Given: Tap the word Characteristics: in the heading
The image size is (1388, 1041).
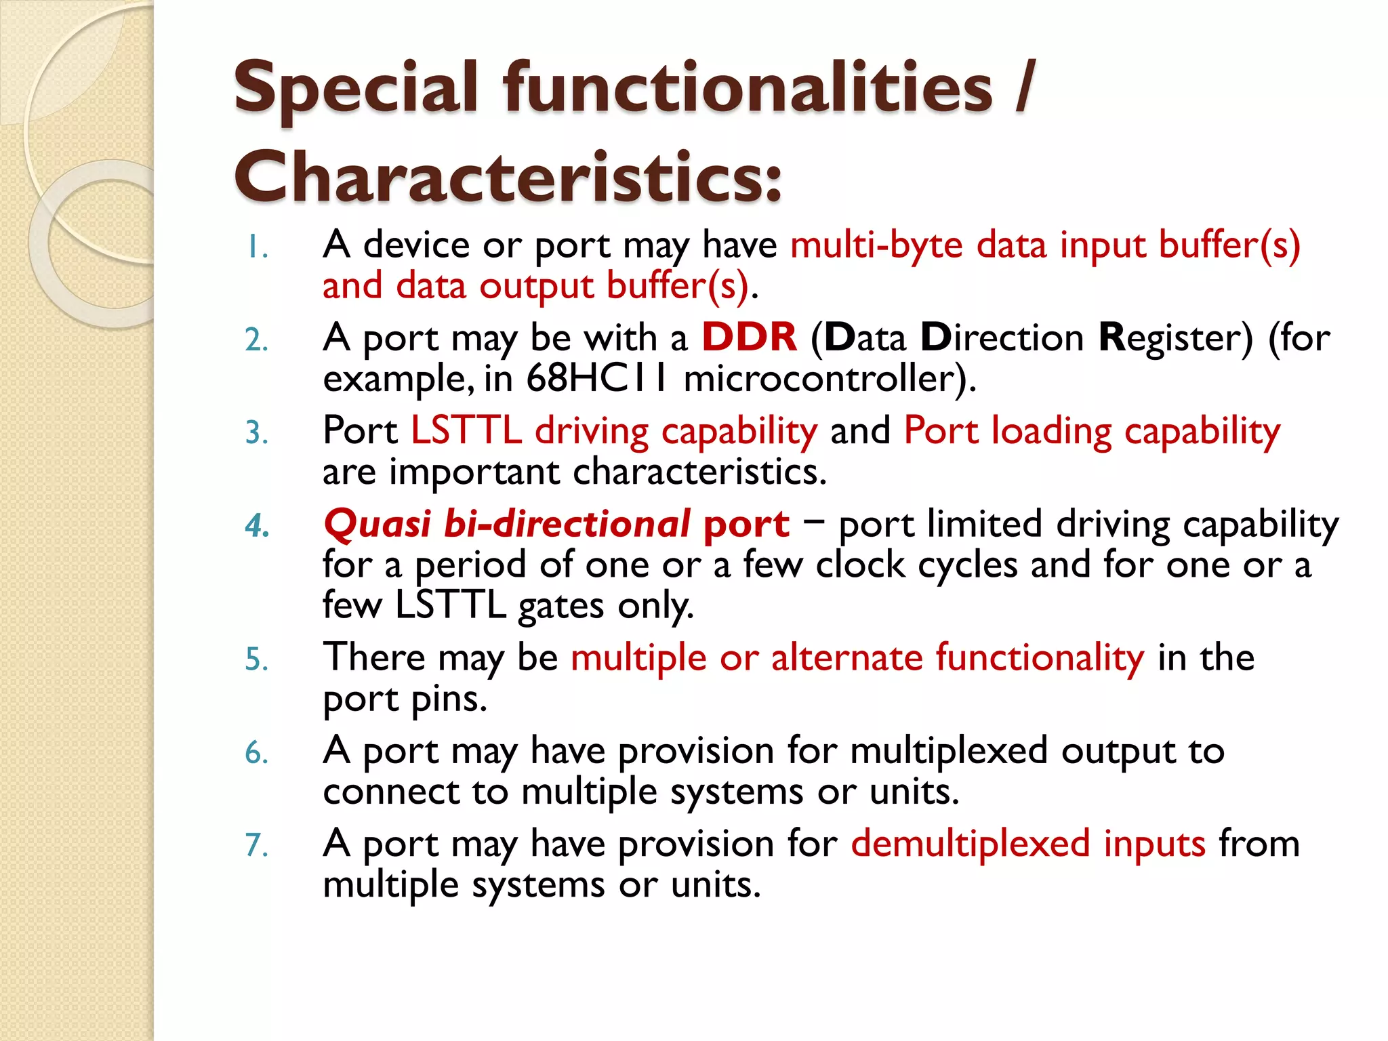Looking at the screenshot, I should pos(508,178).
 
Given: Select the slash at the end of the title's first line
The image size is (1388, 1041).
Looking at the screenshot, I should pos(1025,88).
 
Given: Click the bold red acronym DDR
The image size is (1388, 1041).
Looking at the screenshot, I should pos(749,338).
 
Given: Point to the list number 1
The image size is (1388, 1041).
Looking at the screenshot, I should pos(256,248).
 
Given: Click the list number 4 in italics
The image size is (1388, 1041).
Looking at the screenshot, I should pos(257,526).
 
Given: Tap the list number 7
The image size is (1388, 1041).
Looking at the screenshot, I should pos(256,846).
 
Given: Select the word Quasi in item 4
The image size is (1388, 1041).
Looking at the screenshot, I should pos(377,525).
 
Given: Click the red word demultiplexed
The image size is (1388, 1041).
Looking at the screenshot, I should pos(970,844).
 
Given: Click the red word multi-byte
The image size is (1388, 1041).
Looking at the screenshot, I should pos(876,245).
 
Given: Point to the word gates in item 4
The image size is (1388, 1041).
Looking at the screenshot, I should pos(560,606).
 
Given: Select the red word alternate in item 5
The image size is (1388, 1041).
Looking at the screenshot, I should pos(846,658).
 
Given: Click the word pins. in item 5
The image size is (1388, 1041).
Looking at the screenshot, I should pos(449,699).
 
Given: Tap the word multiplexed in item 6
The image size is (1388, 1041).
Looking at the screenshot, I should pos(949,752).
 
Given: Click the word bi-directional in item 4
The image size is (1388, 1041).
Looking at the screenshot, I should pos(567,525).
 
